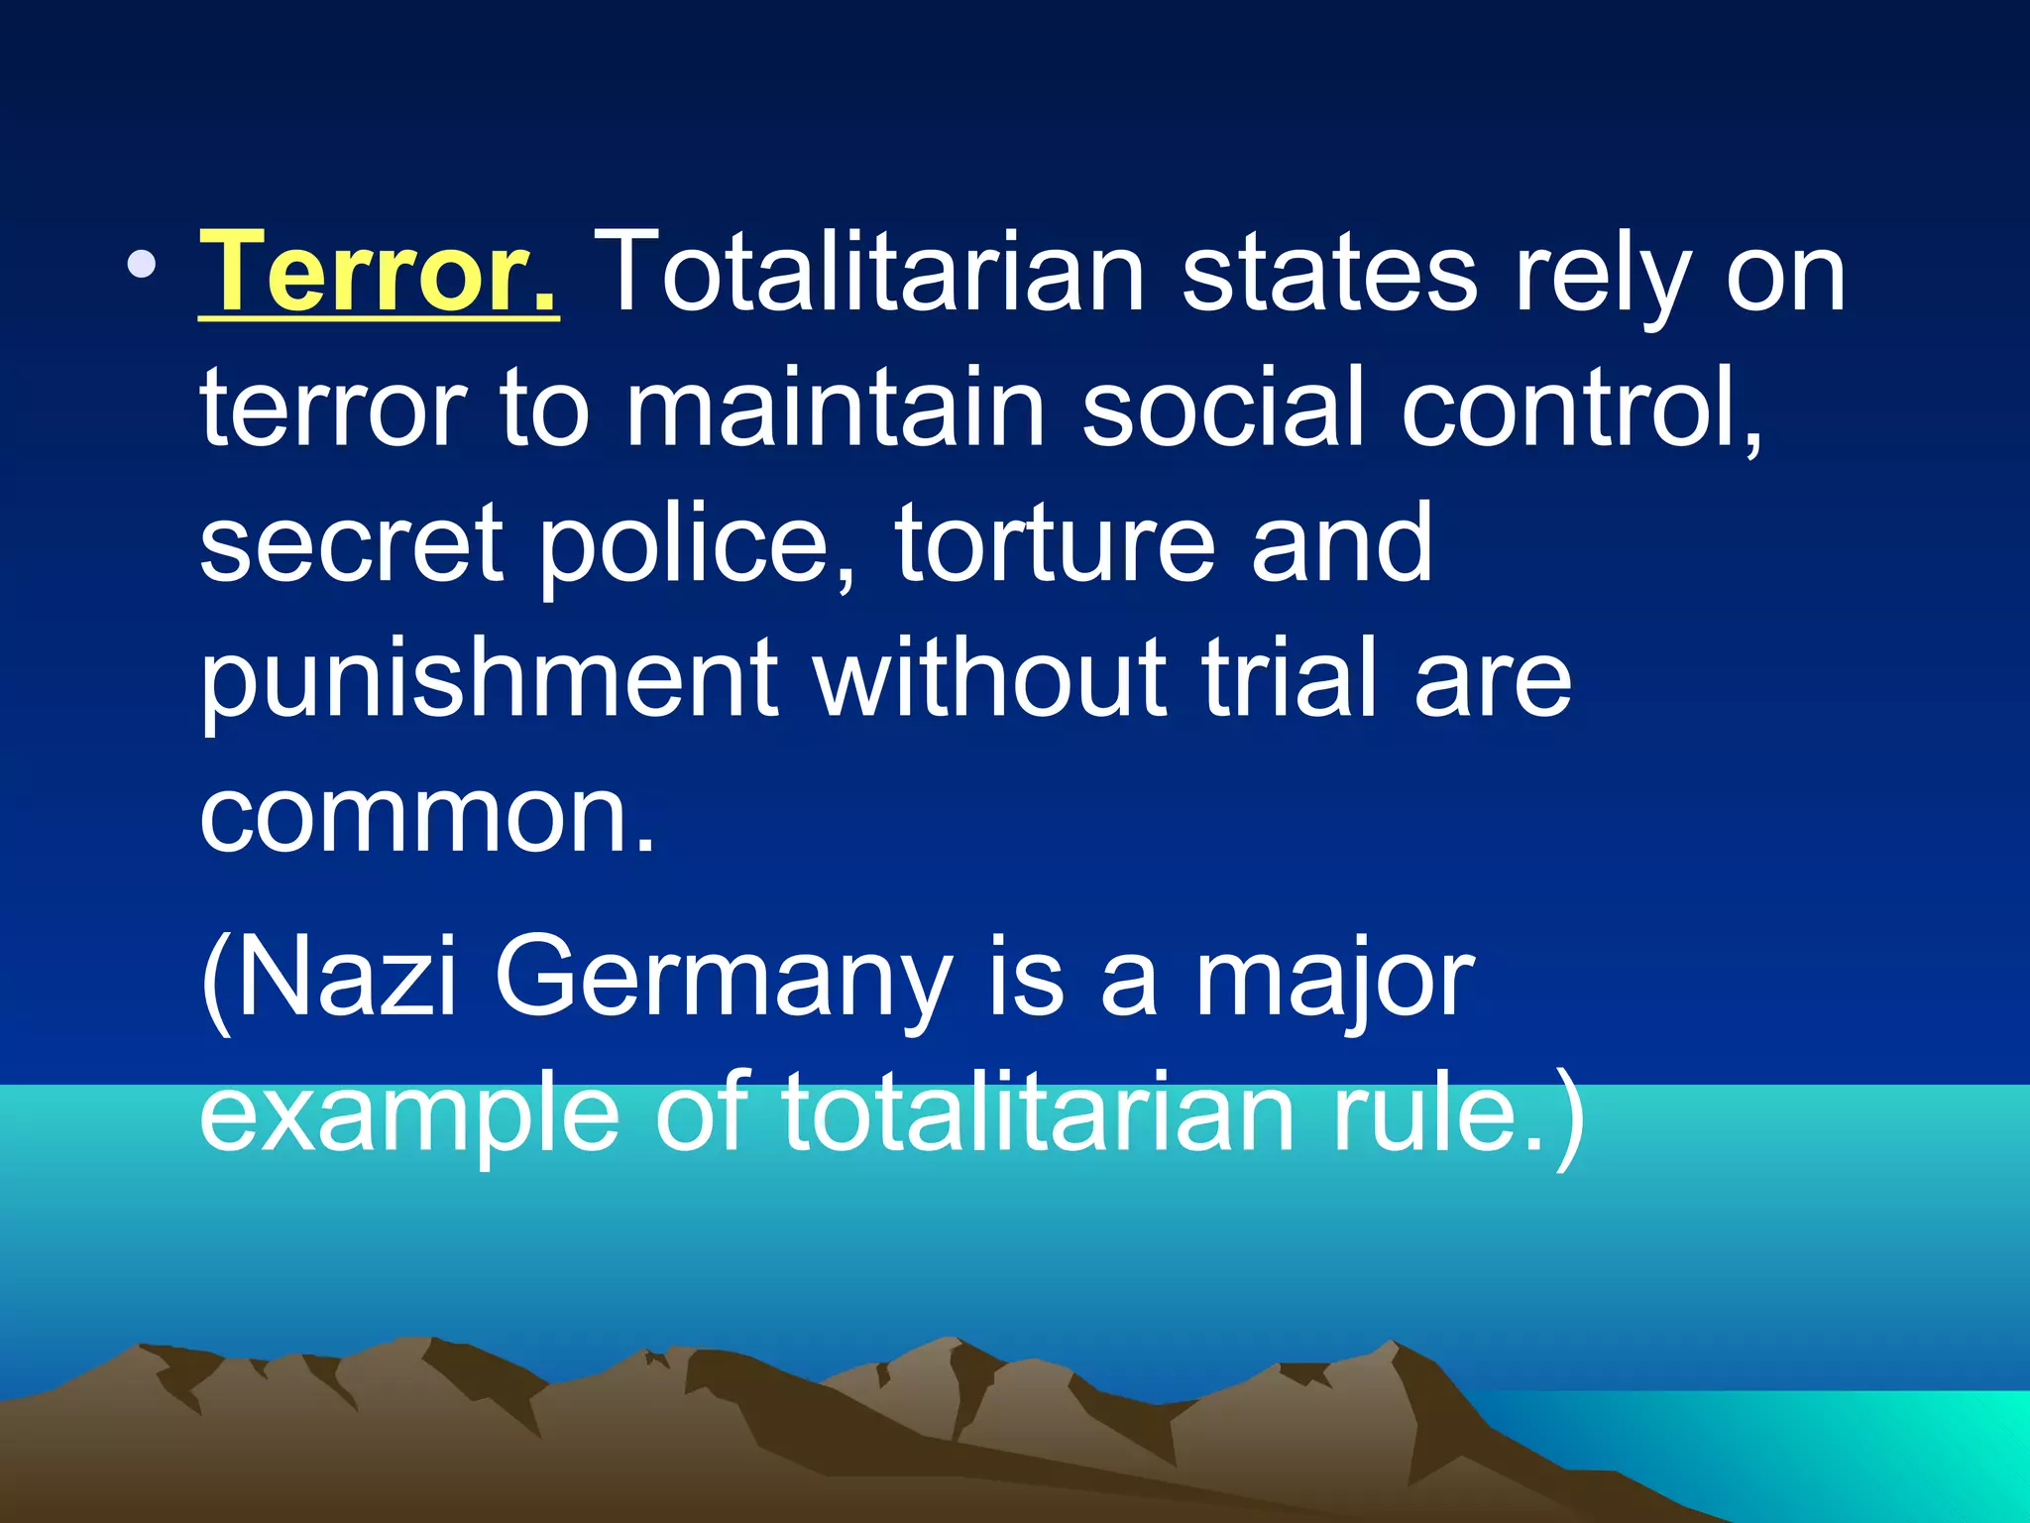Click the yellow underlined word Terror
(379, 271)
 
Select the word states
(1329, 271)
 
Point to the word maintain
(835, 407)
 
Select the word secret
(351, 543)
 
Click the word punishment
(490, 680)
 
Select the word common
(426, 815)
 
